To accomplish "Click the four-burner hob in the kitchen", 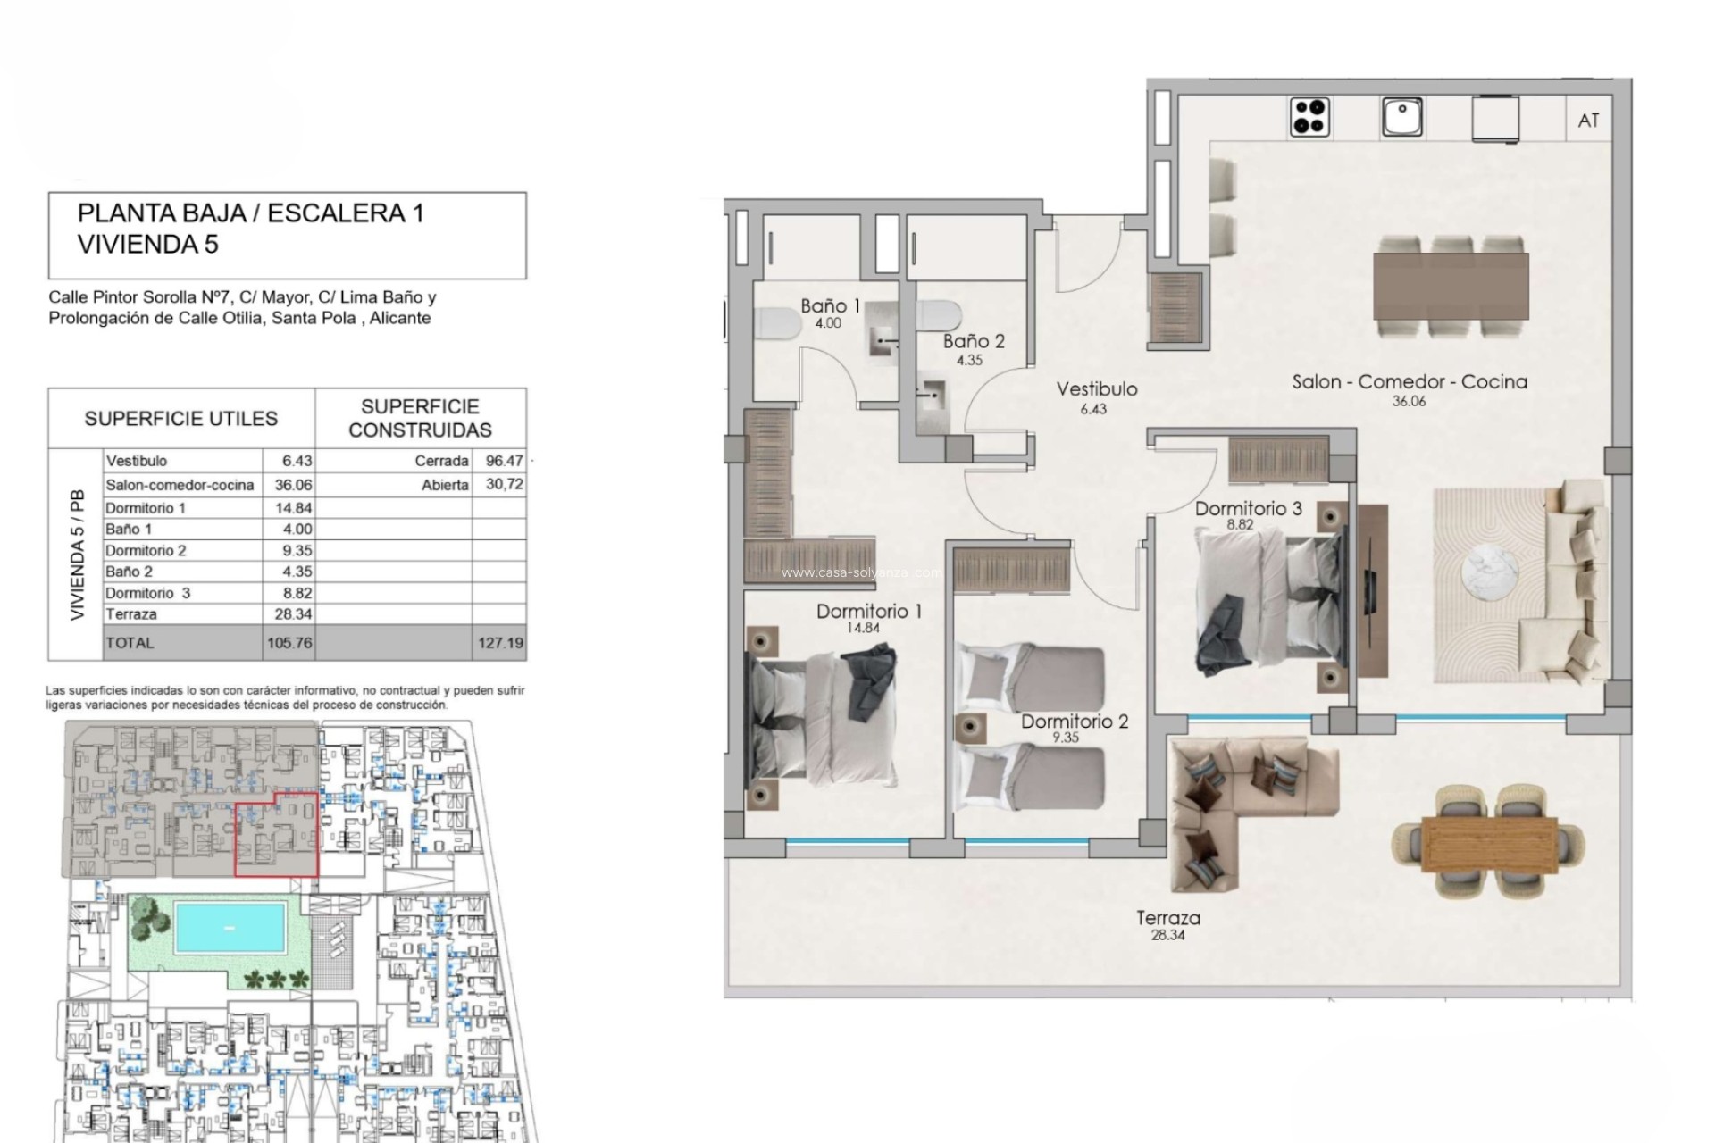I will (1309, 117).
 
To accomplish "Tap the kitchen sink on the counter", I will (1401, 117).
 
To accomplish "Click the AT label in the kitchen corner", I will (1588, 121).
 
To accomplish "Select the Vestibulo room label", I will (1096, 389).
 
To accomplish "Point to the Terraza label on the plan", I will (1167, 918).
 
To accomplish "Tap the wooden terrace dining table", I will (1488, 844).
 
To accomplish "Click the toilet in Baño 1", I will (779, 322).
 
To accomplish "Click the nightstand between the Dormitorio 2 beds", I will (970, 728).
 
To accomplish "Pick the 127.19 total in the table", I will (500, 643).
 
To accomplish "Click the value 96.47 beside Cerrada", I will (504, 461).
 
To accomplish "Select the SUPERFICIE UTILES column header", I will (180, 419).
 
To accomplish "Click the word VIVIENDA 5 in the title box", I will (148, 245).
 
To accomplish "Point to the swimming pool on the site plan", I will (230, 927).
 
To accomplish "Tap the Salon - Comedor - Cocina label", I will (1409, 382).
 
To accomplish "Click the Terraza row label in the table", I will (131, 614).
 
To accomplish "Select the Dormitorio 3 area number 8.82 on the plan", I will (1239, 525).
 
